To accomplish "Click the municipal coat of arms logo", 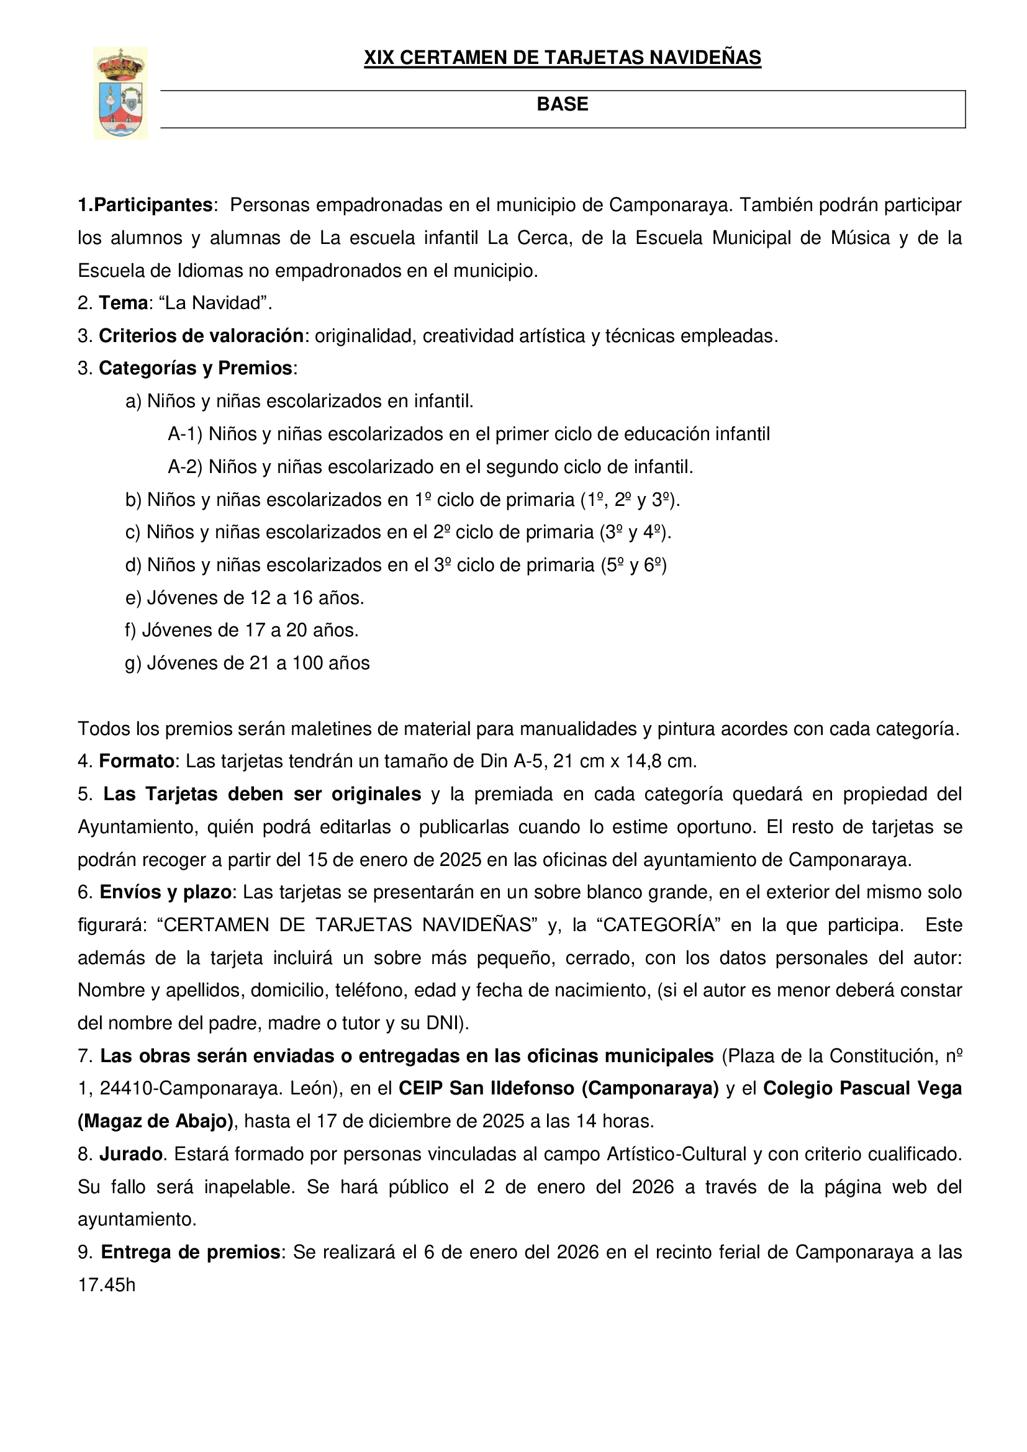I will tap(120, 93).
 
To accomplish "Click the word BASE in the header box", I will tap(562, 104).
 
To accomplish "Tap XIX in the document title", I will tap(379, 58).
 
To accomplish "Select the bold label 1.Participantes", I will tap(145, 205).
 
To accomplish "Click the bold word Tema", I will tap(124, 303).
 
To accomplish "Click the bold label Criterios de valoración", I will tap(201, 336).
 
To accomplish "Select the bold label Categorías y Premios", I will tap(196, 368).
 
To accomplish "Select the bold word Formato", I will tap(137, 761).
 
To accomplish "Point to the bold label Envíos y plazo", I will tap(166, 892).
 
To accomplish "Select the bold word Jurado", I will tap(131, 1154).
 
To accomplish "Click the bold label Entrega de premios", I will tap(191, 1252).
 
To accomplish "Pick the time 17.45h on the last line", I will tap(106, 1285).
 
